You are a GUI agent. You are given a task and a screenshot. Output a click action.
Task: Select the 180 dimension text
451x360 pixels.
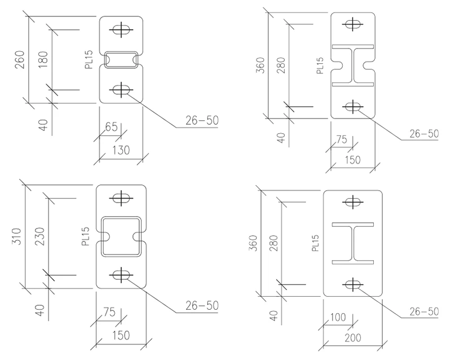point(44,59)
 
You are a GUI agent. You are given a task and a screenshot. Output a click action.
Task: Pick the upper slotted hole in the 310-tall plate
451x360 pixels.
point(121,197)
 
